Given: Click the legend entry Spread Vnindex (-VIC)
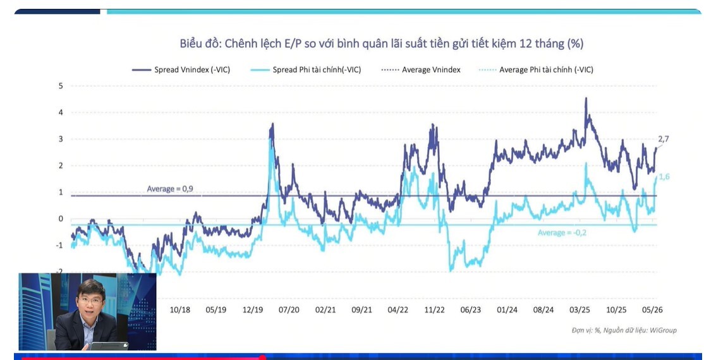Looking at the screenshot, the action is click(181, 70).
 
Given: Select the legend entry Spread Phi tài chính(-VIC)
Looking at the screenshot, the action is click(305, 70).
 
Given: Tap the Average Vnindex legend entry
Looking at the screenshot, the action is click(421, 70).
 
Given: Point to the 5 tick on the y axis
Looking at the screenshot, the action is click(61, 86).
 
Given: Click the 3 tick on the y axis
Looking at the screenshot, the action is click(61, 139).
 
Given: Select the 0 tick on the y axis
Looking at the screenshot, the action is click(61, 219).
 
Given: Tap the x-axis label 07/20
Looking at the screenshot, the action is click(289, 309).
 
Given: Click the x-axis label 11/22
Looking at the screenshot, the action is click(434, 309).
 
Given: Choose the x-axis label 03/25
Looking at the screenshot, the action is click(580, 309).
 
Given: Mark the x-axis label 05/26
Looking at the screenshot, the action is click(652, 309).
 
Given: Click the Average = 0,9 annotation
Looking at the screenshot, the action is click(173, 189).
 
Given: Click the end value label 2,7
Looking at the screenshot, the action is click(664, 139).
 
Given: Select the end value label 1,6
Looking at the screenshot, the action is click(664, 177).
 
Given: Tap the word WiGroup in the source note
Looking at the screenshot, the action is click(662, 330).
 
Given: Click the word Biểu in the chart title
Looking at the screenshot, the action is click(191, 44).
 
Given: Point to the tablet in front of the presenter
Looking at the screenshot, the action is click(109, 346).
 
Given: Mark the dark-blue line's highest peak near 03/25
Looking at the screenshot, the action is click(586, 99).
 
